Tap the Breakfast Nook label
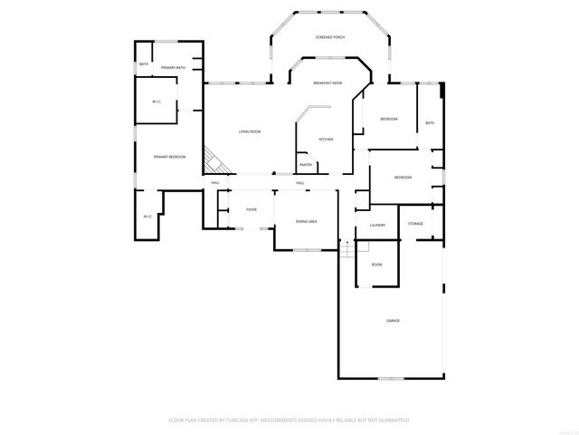tap(327, 82)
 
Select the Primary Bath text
tap(174, 68)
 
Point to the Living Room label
tap(250, 132)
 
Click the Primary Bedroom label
tap(169, 158)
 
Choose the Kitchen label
tap(326, 140)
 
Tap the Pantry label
tap(306, 165)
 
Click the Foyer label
tap(251, 209)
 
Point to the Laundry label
tap(378, 225)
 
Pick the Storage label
tap(415, 223)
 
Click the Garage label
tap(393, 320)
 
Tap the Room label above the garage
tap(376, 264)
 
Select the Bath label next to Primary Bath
tap(144, 64)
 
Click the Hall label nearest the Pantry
tap(299, 183)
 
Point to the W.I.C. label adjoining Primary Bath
tap(157, 101)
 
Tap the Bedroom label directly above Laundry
tap(403, 178)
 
